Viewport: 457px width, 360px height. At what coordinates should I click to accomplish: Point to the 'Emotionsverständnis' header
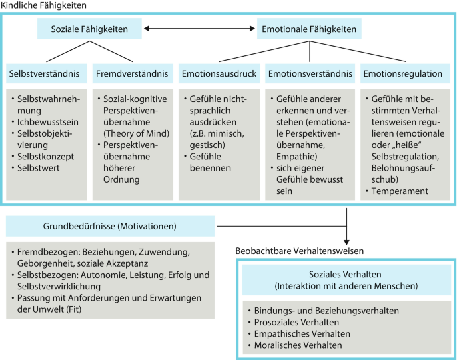(309, 73)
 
